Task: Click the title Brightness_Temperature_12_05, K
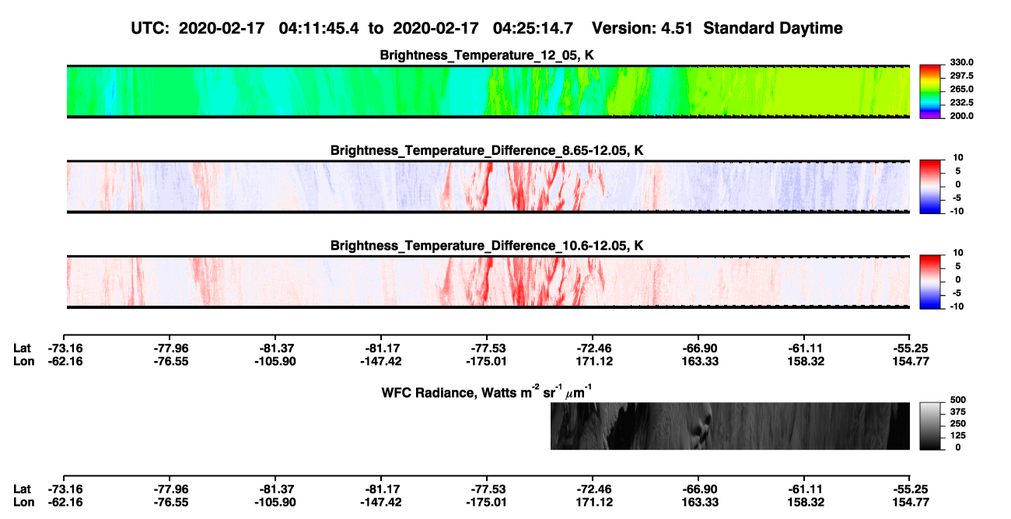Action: [487, 55]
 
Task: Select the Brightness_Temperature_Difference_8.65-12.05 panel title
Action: [487, 150]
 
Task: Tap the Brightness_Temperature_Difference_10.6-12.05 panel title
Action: [487, 246]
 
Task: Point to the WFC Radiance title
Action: [487, 392]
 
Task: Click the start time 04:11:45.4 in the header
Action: [319, 28]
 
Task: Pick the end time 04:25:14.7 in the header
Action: [533, 28]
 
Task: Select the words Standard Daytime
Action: [773, 28]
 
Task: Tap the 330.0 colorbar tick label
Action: [961, 62]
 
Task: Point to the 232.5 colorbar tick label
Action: [961, 103]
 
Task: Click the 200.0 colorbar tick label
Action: [961, 116]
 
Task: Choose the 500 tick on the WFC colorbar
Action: [958, 400]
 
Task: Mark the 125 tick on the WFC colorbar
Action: [958, 436]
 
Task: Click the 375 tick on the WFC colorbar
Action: [958, 412]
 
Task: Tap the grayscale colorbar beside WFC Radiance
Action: [930, 426]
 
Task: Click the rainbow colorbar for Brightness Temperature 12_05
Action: [930, 92]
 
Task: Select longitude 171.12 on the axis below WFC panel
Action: [594, 503]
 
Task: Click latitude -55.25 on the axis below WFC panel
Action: [911, 489]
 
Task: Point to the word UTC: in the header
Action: [150, 28]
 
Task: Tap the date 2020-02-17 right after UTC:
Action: [222, 28]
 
